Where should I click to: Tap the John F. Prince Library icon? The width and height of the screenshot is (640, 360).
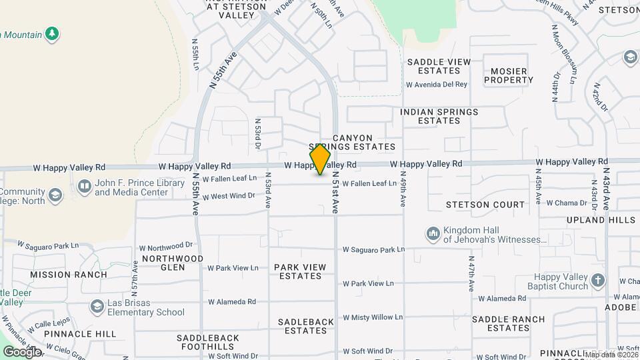click(85, 187)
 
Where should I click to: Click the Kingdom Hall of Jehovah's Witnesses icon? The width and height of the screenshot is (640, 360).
click(433, 234)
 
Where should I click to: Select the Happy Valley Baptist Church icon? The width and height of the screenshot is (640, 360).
click(597, 281)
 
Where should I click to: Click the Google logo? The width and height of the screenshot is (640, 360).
click(22, 352)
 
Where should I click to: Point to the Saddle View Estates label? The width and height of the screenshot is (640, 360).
click(439, 66)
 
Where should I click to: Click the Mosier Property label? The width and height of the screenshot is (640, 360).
click(509, 75)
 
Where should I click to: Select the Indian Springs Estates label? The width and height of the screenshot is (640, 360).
click(439, 116)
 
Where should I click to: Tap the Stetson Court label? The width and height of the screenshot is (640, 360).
click(476, 205)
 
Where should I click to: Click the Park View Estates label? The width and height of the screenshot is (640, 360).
click(300, 271)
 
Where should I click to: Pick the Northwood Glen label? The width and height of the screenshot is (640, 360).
click(172, 263)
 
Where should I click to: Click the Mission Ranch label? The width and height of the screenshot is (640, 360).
click(68, 275)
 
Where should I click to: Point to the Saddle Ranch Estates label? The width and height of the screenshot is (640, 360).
click(508, 323)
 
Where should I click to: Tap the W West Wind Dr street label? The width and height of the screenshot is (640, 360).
click(229, 196)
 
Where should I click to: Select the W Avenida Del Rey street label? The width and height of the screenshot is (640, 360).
click(437, 85)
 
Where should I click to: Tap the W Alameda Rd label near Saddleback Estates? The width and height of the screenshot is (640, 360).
click(232, 301)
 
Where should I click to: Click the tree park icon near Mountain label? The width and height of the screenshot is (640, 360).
click(52, 33)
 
